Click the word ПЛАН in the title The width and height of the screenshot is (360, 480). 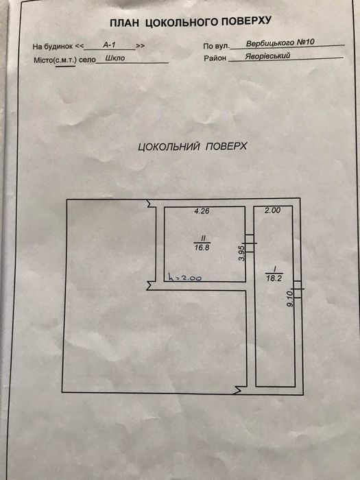point(123,23)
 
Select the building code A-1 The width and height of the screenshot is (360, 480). point(109,45)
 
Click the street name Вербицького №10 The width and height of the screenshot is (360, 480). point(280,43)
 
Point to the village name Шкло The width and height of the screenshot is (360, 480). point(115,58)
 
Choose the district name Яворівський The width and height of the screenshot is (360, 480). point(267,56)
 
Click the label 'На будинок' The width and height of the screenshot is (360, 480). point(53,47)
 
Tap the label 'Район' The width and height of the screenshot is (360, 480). point(215,58)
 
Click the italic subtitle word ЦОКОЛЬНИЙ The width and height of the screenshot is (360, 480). point(169,147)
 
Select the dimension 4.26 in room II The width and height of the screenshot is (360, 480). point(202,211)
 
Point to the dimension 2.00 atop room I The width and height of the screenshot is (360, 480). point(272,211)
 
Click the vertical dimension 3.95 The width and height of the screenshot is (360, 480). point(242,253)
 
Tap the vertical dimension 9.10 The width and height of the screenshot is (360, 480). point(291,298)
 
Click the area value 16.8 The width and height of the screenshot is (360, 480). point(202,248)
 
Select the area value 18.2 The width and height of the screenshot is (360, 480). point(274,278)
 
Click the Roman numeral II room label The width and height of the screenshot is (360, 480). point(202,237)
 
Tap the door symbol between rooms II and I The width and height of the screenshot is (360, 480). point(250,243)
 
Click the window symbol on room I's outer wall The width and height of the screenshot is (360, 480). point(298,289)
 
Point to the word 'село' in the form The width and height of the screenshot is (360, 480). point(87,60)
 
